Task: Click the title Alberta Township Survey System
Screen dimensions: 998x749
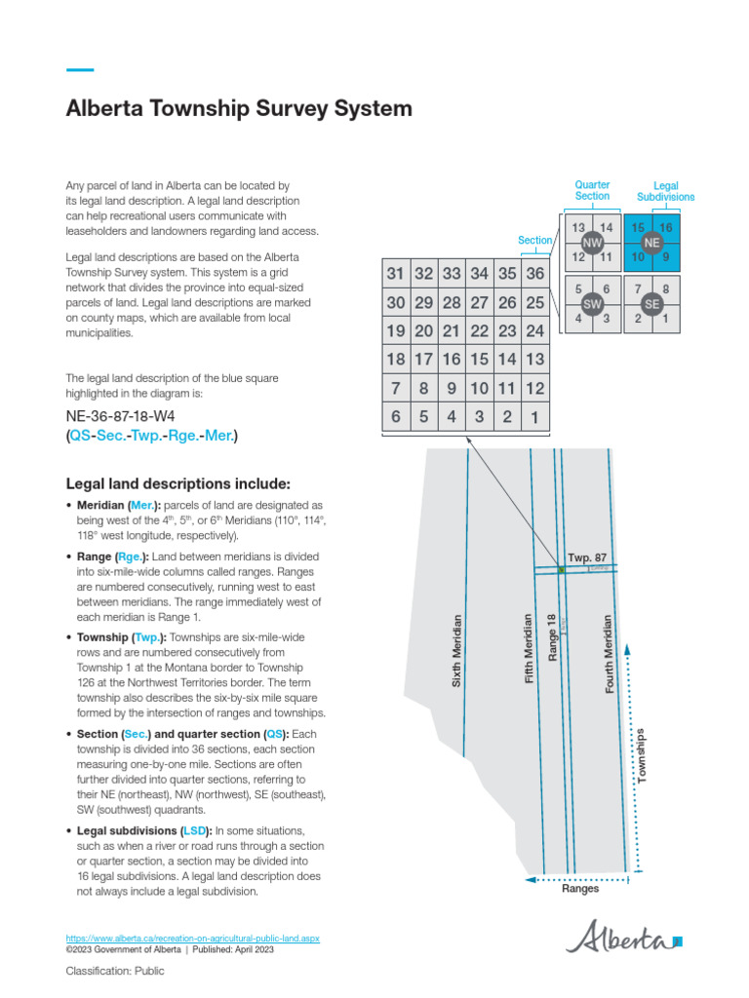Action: tap(238, 109)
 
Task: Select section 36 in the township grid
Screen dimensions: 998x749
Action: tap(534, 274)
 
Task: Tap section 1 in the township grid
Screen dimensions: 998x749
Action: tap(534, 417)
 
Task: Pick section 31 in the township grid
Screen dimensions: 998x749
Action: tap(395, 274)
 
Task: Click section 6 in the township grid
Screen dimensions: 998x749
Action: tap(395, 417)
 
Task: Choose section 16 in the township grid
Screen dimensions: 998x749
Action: tap(451, 360)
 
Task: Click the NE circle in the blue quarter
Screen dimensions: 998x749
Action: tap(652, 243)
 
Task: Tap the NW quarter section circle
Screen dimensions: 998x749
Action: tap(591, 243)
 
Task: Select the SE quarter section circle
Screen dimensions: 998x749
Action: tap(652, 304)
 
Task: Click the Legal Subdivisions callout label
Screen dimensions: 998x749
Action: tap(665, 191)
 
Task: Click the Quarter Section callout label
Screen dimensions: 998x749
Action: tap(592, 190)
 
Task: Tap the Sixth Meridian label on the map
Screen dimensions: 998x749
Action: tap(456, 652)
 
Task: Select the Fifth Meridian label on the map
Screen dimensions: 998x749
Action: tap(530, 649)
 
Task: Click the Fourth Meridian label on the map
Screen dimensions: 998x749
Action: tap(610, 654)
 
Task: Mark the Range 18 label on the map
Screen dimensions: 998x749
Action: tap(552, 638)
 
